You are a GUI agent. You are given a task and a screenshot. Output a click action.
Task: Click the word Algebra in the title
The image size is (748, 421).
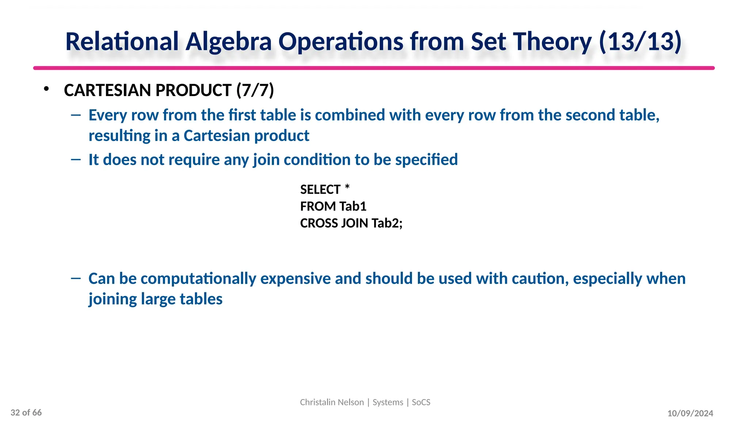pos(229,42)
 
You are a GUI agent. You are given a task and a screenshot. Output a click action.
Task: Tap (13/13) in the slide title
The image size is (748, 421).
pos(640,42)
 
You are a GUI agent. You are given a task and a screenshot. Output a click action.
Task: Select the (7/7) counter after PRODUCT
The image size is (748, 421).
pos(255,90)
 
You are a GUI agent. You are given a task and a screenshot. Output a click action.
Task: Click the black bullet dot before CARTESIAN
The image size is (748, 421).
pos(46,89)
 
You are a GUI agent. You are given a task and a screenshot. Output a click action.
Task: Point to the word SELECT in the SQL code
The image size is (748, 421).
pos(320,190)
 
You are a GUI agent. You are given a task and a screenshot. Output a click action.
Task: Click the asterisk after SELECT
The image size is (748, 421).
pos(347,187)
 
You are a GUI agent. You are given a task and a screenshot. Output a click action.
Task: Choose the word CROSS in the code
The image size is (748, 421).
pos(319,223)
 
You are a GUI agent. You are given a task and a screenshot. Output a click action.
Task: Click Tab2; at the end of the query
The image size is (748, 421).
pos(387,223)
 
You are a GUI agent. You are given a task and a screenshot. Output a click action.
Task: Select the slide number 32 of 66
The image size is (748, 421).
pos(26,413)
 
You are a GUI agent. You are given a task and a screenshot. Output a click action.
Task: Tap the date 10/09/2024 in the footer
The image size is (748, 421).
pos(690,413)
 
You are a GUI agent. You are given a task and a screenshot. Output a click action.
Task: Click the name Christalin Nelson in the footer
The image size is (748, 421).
pos(332,402)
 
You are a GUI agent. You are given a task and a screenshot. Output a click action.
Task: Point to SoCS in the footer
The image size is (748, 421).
pos(421,402)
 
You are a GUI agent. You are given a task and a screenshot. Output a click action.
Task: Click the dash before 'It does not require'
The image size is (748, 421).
pos(76,159)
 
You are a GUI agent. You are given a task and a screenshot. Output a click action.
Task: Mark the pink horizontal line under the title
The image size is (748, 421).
pos(374,68)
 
